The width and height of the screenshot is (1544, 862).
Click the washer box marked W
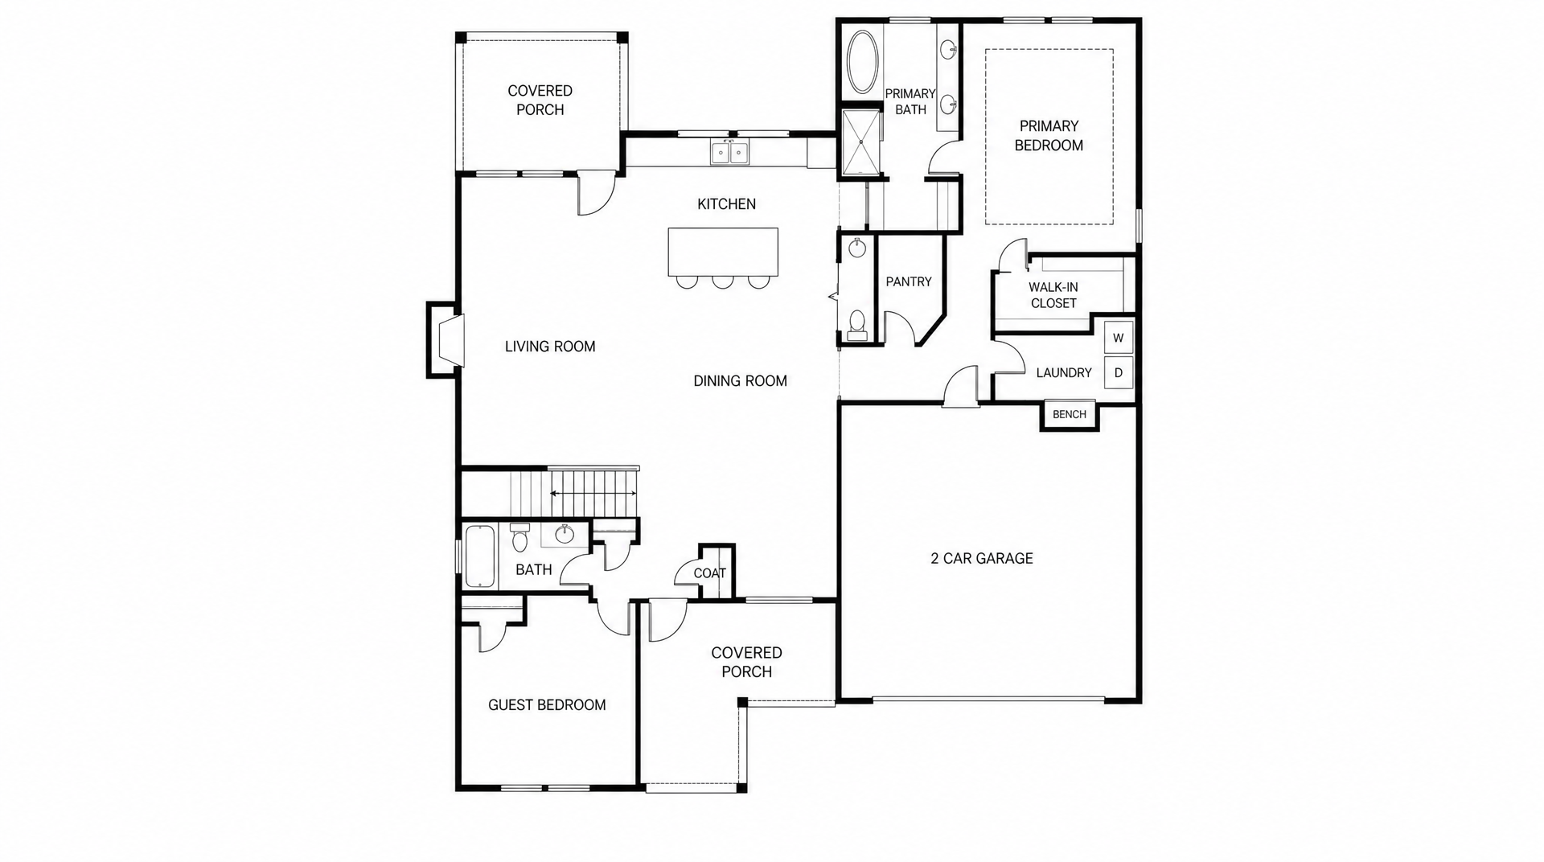pos(1118,338)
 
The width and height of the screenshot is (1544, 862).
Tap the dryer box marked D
pos(1118,373)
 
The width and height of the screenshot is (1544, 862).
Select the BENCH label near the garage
pos(1070,415)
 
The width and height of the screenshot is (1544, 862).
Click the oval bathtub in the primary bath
pos(863,63)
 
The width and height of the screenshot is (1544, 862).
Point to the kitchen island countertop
pos(723,252)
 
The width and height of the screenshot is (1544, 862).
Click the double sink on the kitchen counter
pos(730,152)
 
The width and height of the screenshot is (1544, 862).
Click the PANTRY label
pos(909,282)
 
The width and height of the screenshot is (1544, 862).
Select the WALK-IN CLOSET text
pos(1053,295)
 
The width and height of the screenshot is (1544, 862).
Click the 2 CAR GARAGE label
pos(982,558)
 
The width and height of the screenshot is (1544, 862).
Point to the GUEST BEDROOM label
pos(547,705)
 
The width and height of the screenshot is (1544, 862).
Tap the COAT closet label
pos(709,573)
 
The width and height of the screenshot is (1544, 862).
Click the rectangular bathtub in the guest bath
pos(480,556)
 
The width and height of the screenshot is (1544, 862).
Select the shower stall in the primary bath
pos(862,142)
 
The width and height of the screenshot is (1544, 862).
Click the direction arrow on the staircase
pos(593,493)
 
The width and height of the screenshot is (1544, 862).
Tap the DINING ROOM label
pos(740,381)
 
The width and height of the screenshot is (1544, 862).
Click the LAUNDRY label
pos(1064,373)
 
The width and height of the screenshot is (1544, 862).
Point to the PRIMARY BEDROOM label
pos(1049,136)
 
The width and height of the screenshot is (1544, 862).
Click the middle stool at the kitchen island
pos(722,281)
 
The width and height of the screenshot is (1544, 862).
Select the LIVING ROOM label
pos(550,347)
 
